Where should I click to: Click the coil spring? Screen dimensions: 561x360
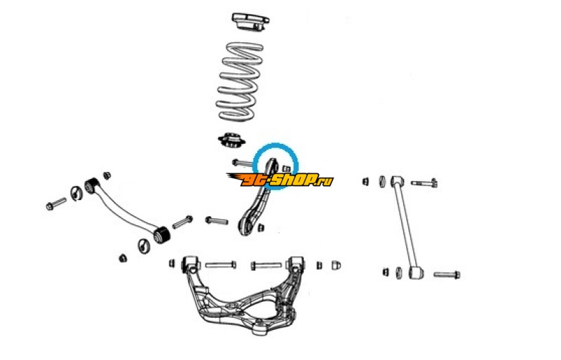tap(240, 81)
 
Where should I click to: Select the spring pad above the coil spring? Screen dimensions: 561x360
tap(250, 22)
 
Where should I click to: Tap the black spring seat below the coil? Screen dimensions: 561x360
tap(231, 140)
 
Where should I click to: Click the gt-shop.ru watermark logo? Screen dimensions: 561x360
tap(280, 180)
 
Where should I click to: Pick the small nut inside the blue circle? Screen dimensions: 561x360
tap(286, 168)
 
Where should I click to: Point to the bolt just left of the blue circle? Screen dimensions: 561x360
tap(242, 163)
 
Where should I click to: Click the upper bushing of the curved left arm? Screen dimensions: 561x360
tap(92, 185)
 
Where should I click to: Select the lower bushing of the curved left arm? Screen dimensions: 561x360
tap(161, 235)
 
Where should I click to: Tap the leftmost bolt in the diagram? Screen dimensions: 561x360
tap(56, 204)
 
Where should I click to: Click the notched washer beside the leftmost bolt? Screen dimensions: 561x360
tap(76, 194)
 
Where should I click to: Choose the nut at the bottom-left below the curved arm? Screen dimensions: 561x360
tap(123, 258)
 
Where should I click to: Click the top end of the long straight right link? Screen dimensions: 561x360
tap(397, 181)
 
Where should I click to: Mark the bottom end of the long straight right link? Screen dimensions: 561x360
tap(416, 272)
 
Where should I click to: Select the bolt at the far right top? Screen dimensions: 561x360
tap(424, 183)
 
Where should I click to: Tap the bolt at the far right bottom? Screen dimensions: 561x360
tap(447, 275)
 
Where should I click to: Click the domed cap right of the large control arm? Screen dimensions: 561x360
tap(336, 265)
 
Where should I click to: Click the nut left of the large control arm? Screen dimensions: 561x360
tap(172, 263)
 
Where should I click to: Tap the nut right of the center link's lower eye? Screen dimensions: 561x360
tap(261, 227)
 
